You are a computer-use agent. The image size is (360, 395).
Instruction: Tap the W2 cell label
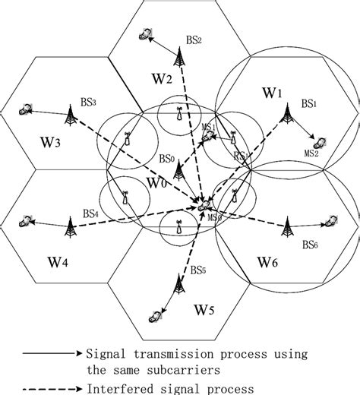pos(164,77)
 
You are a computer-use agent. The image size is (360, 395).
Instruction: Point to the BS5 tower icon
pos(180,286)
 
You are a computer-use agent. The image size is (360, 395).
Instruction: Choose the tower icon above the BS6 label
pos(288,224)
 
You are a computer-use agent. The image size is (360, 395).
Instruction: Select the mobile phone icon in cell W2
pos(145,34)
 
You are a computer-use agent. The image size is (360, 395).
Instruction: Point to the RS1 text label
pos(242,156)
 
